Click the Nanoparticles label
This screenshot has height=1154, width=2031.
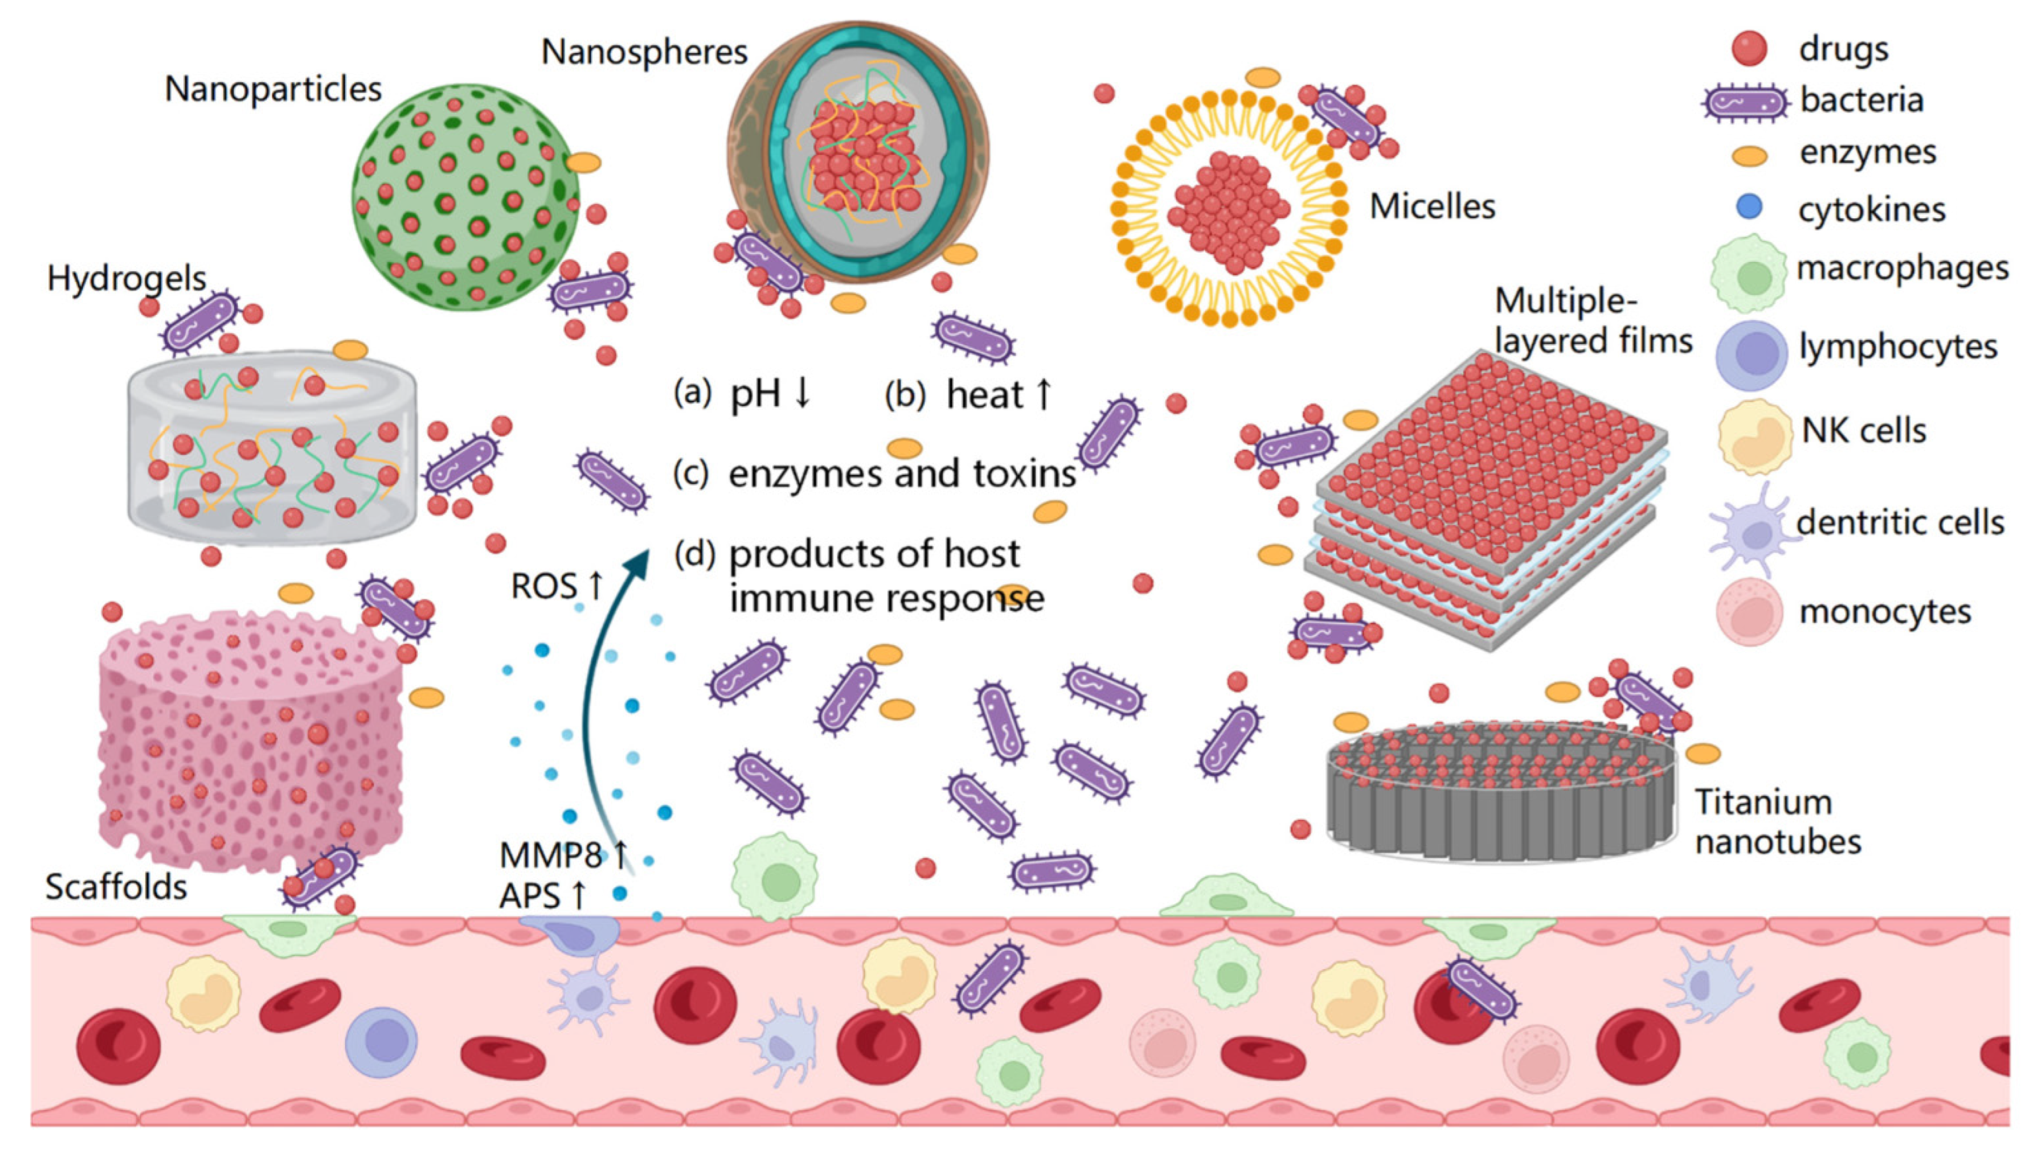(x=273, y=89)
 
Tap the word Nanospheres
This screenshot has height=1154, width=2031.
(x=644, y=52)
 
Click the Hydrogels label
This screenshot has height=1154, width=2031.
(x=126, y=278)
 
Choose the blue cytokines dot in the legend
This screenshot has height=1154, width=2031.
(x=1749, y=208)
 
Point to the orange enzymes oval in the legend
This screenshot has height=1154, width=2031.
(x=1749, y=155)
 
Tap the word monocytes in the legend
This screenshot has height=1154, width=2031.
(x=1884, y=612)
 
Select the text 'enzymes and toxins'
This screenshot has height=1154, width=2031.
(x=901, y=473)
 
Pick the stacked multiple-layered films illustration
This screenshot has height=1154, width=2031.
(x=1487, y=499)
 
